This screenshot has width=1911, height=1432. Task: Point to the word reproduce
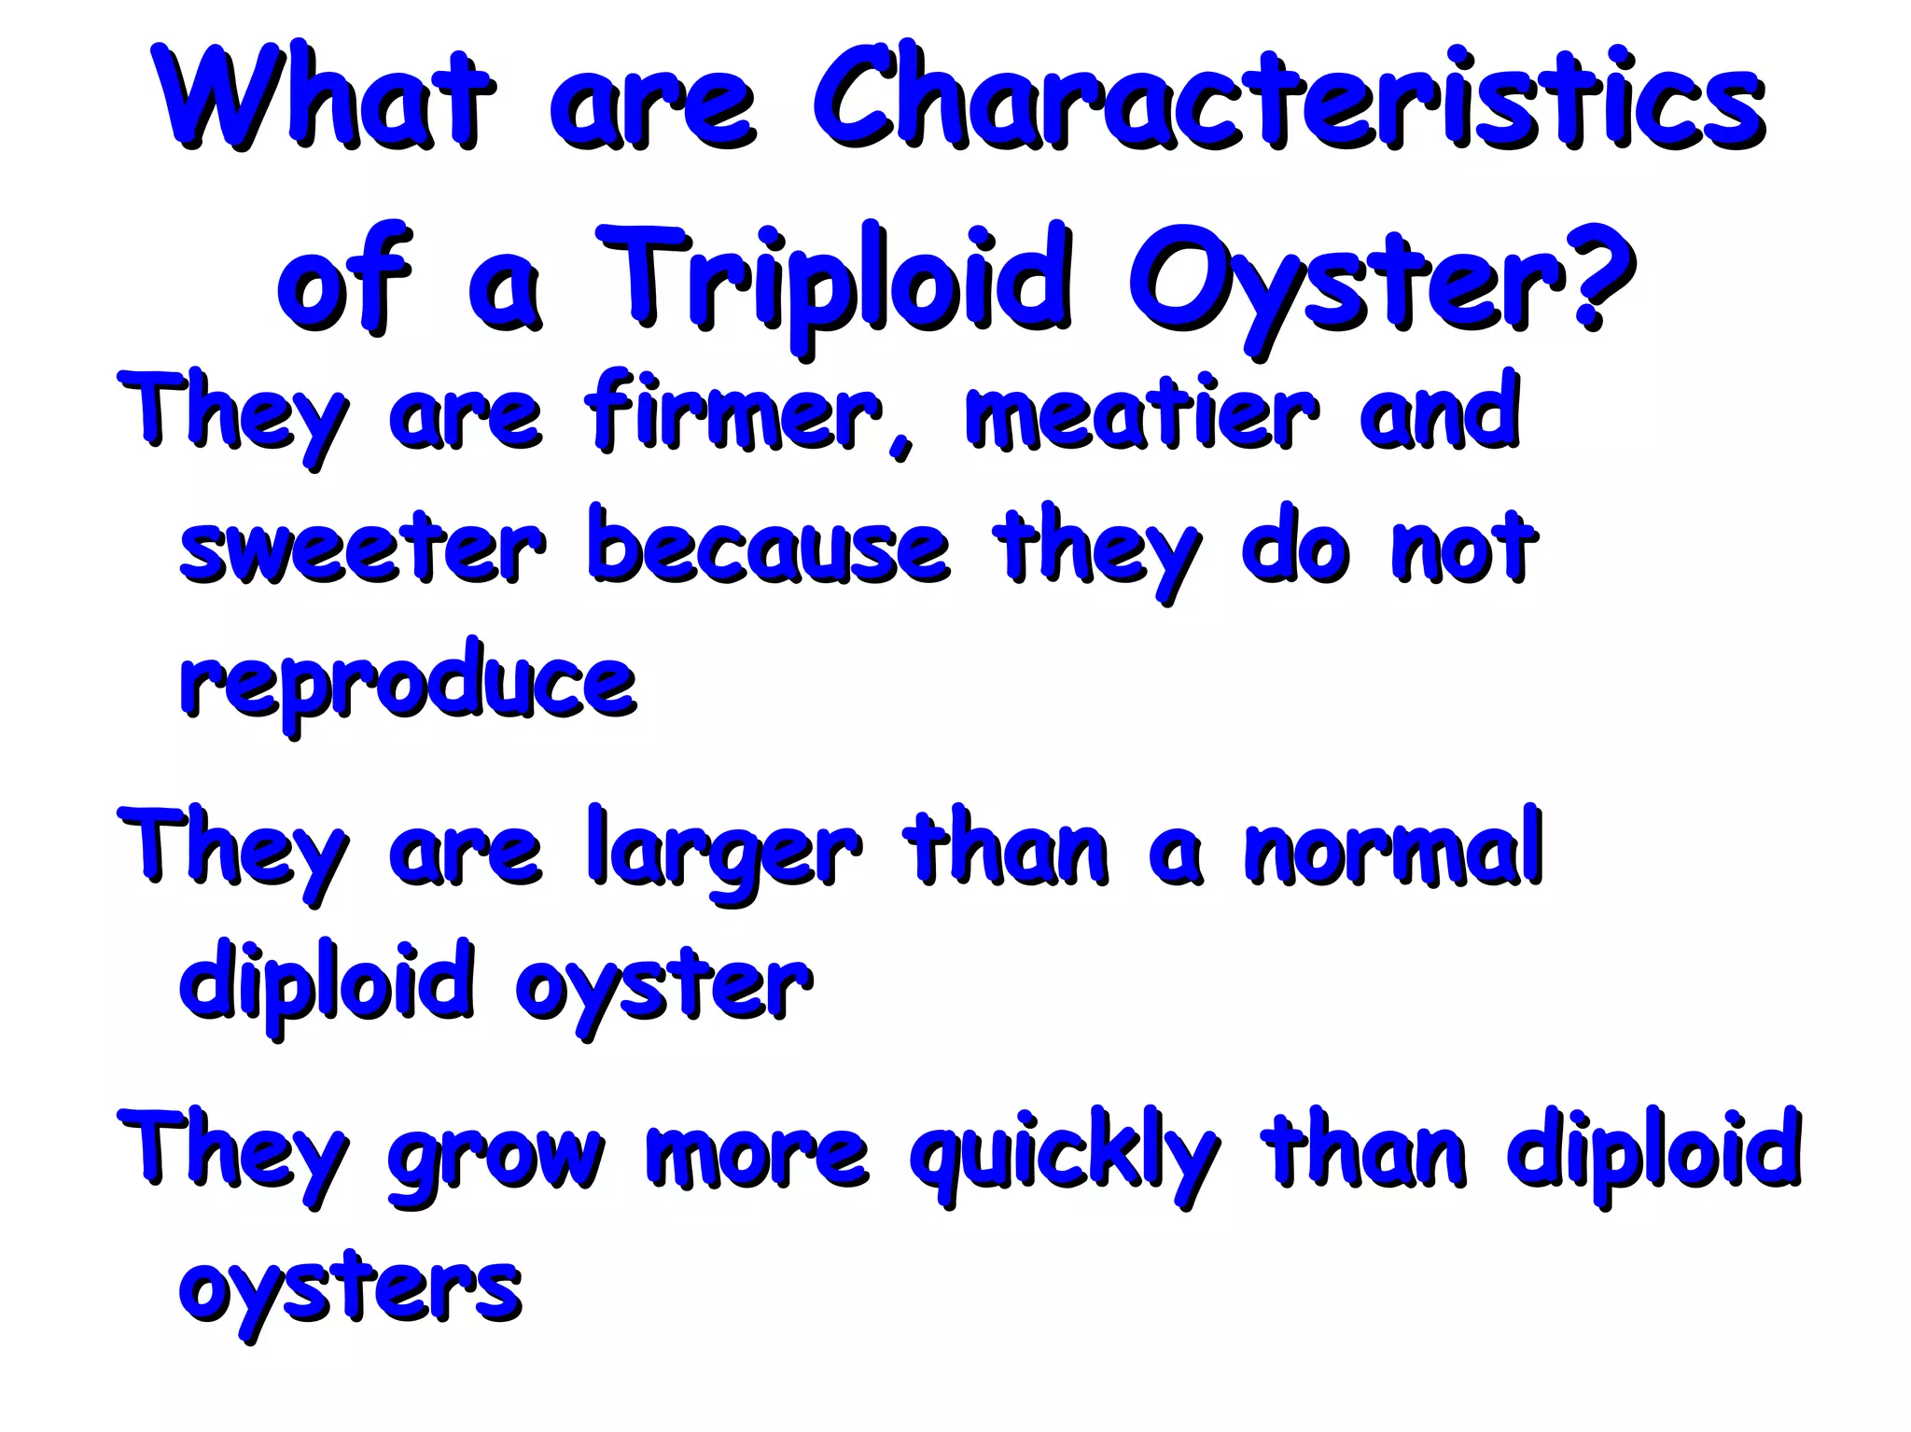[x=408, y=686]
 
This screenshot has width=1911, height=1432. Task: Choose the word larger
[x=724, y=854]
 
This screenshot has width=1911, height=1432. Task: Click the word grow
[x=495, y=1157]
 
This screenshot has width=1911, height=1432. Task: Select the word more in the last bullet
[x=757, y=1157]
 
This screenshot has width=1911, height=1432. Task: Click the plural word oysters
[x=350, y=1292]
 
